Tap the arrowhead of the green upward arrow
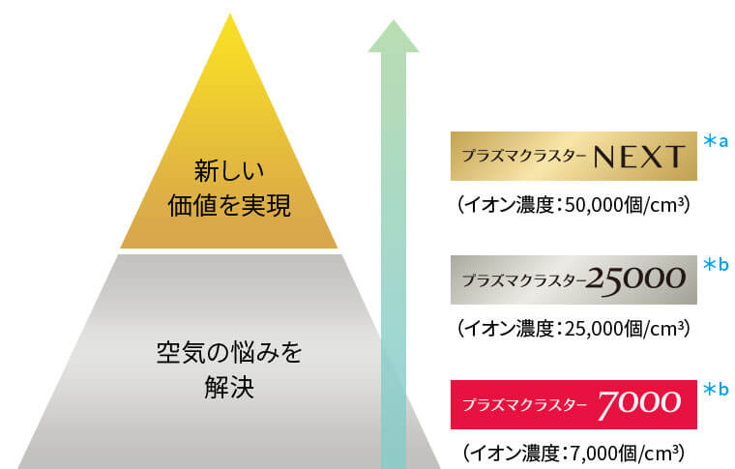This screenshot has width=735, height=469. coord(394,37)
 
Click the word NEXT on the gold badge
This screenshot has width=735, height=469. coord(639,157)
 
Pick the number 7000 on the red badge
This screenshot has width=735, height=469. coord(639,404)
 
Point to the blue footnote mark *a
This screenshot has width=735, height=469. coord(716,140)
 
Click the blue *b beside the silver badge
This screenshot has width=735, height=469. coord(716,265)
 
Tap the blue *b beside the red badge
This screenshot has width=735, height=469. coord(716,389)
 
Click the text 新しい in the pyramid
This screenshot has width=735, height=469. coord(229,170)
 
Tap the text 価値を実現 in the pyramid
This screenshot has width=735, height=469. coord(229,206)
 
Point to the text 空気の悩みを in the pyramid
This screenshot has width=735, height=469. coord(229,352)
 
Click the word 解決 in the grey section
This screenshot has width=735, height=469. coord(229,388)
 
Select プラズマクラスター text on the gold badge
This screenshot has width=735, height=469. coord(524,156)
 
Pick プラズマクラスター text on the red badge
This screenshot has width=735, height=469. coord(524,405)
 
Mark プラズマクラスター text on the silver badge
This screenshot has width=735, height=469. coord(524,280)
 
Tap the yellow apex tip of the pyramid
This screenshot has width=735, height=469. coord(230,15)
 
